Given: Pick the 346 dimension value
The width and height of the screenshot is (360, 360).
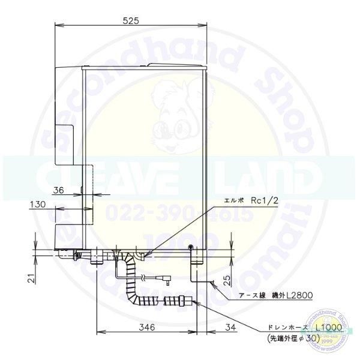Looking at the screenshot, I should click(x=147, y=327).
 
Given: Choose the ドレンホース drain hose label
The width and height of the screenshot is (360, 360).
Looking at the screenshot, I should click(x=285, y=328).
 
